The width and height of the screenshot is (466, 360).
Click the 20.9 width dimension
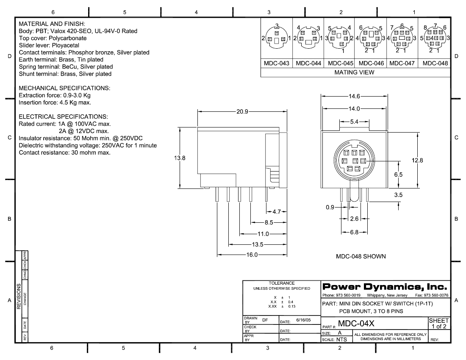coord(242,112)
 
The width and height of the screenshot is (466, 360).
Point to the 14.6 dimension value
coord(354,96)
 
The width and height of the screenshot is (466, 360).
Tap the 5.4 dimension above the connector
coord(354,122)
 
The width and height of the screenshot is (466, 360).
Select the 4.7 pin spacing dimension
coord(277,211)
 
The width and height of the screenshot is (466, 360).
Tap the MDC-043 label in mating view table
coord(276,63)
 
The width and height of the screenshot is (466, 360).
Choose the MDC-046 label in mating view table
coord(371,63)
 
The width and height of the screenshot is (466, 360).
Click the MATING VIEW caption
coord(355,72)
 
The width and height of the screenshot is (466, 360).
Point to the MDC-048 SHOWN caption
coord(361,256)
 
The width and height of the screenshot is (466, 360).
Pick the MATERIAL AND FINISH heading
coord(53,23)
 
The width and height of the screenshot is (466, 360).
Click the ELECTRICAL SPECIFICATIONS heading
coord(64,116)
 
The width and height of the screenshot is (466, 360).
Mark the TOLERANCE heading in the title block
coord(281,283)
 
